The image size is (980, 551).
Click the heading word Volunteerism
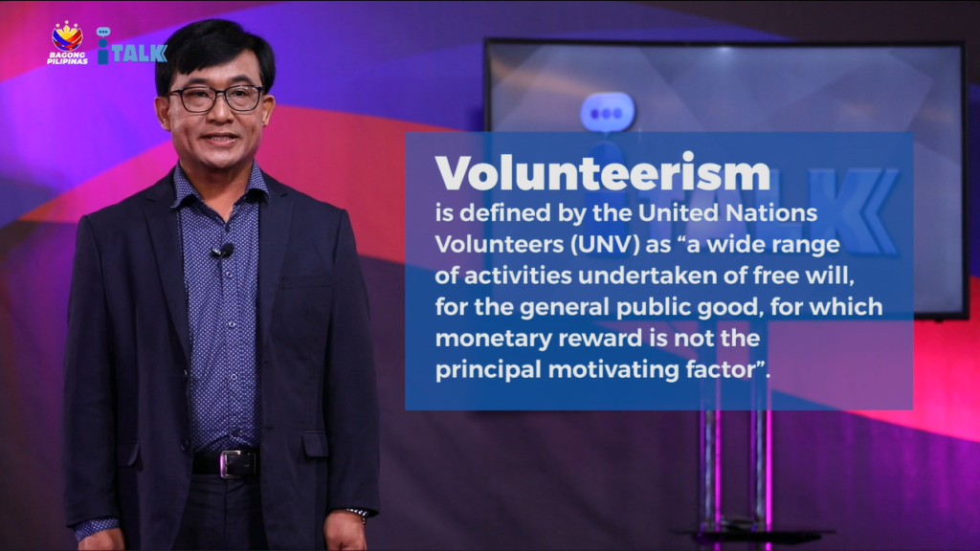point(603,173)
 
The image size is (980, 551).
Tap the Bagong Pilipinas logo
point(68,42)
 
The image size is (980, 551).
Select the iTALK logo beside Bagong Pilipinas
point(131,46)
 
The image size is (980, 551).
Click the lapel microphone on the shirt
point(222,252)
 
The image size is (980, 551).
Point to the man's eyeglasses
point(215,99)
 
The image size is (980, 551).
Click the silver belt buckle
point(237,464)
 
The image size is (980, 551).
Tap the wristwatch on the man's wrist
point(359,514)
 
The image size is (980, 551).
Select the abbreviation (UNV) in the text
point(605,244)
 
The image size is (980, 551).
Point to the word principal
point(488,370)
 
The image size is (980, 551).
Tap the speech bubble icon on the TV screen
point(606,114)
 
